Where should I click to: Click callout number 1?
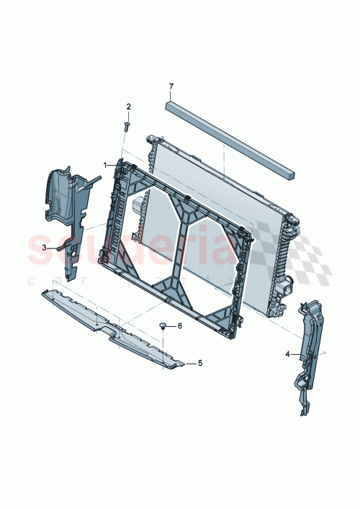click(105, 165)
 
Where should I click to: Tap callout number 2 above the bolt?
click(129, 107)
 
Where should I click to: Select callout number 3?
click(44, 247)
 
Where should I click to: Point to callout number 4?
click(287, 354)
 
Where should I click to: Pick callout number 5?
click(200, 364)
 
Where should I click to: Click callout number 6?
click(180, 326)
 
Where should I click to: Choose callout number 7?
click(171, 87)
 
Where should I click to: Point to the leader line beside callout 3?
click(53, 246)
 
